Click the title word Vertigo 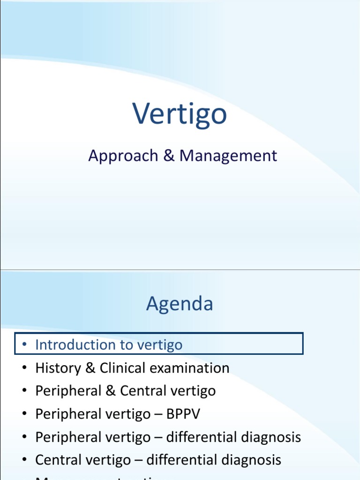click(x=180, y=114)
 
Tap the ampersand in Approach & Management click(x=169, y=156)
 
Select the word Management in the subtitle click(x=228, y=156)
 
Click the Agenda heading click(x=180, y=304)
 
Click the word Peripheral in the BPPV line click(x=68, y=414)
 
